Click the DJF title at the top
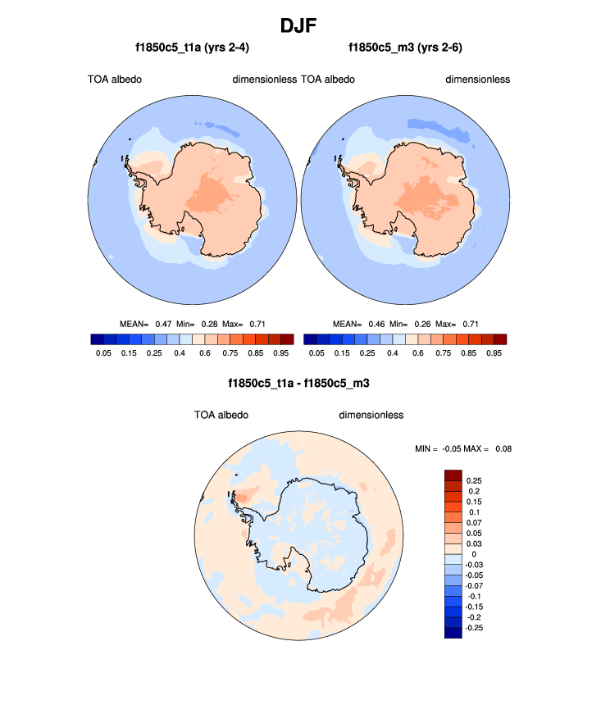(x=299, y=26)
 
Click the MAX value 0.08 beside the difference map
(x=503, y=448)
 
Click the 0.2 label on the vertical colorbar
(x=472, y=491)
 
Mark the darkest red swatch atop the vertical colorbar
(x=453, y=475)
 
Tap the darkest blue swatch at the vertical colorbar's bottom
(x=453, y=631)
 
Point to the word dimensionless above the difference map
(x=371, y=415)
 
